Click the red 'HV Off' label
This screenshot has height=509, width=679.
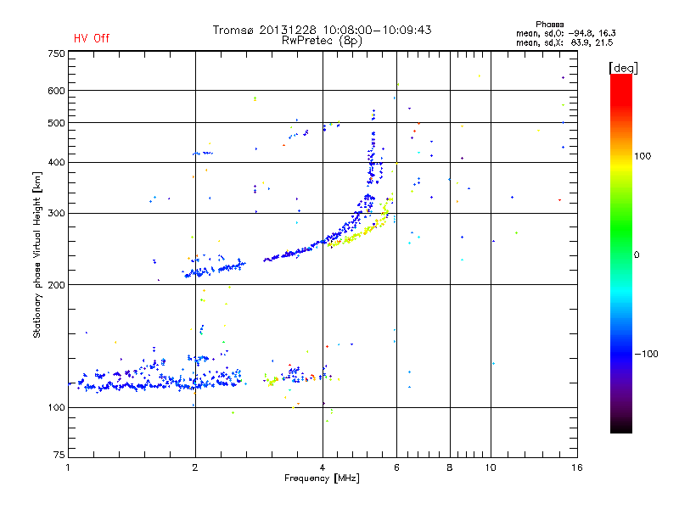(x=92, y=38)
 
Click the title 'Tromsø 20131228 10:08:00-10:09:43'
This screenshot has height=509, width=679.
(x=322, y=30)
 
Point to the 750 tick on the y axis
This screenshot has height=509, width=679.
(x=56, y=53)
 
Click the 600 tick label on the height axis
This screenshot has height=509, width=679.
(x=56, y=91)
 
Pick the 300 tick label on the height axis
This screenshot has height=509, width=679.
(x=56, y=213)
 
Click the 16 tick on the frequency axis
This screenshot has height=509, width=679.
(x=575, y=467)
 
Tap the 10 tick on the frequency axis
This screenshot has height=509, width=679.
(x=491, y=467)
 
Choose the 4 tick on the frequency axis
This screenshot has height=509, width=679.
(x=323, y=467)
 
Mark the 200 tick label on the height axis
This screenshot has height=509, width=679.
(x=56, y=285)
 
